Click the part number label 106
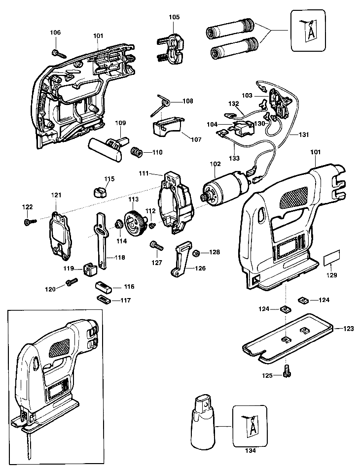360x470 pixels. coord(55,33)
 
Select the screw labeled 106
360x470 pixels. coord(59,54)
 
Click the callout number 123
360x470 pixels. coord(348,329)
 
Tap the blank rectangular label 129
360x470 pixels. coord(332,257)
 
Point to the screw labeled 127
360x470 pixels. coord(156,246)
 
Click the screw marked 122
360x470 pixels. coord(30,222)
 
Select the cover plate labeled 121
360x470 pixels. coord(61,235)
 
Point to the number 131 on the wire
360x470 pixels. coord(304,134)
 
